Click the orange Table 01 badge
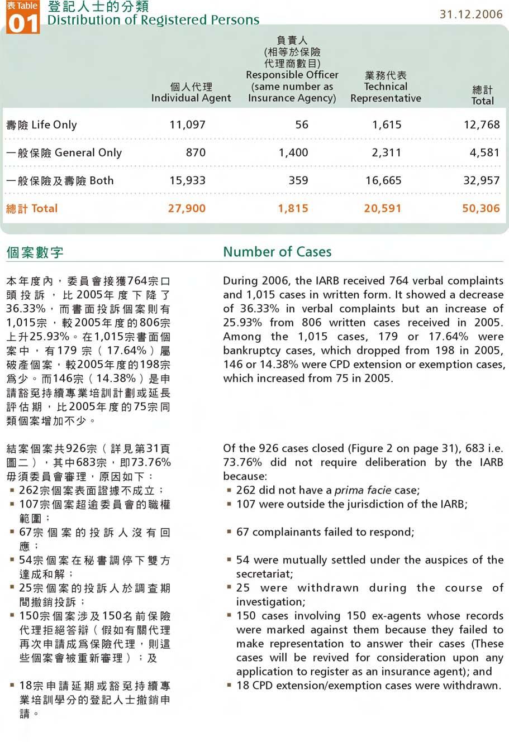pyautogui.click(x=23, y=17)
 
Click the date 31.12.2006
pyautogui.click(x=471, y=15)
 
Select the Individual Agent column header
pyautogui.click(x=191, y=93)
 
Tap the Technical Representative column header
pyautogui.click(x=386, y=87)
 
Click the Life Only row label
pyautogui.click(x=41, y=125)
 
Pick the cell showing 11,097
pyautogui.click(x=188, y=125)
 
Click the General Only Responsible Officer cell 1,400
pyautogui.click(x=293, y=152)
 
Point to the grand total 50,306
pyautogui.click(x=481, y=208)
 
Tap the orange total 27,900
pyautogui.click(x=187, y=208)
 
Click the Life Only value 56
pyautogui.click(x=302, y=125)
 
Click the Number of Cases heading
pyautogui.click(x=277, y=252)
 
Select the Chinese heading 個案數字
pyautogui.click(x=35, y=252)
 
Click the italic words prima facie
pyautogui.click(x=363, y=490)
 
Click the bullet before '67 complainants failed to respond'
pyautogui.click(x=229, y=532)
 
